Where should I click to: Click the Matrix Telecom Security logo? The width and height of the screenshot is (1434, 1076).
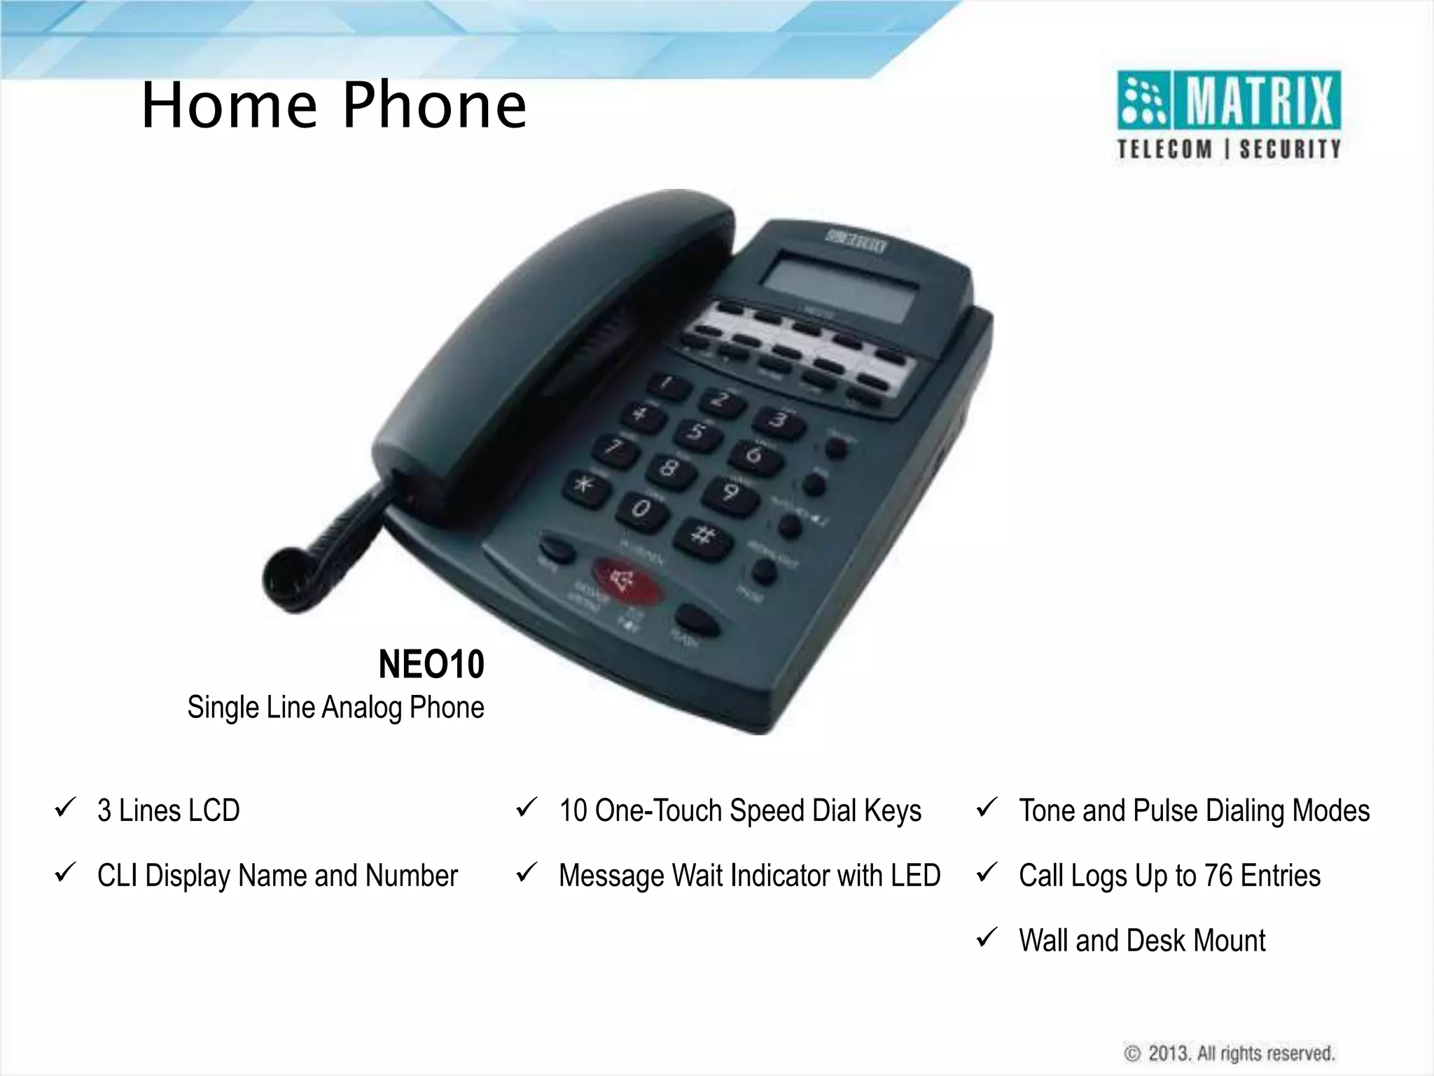click(x=1228, y=116)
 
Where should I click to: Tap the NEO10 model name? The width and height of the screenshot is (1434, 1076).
click(x=431, y=664)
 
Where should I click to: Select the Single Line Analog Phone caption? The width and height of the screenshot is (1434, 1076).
click(x=335, y=708)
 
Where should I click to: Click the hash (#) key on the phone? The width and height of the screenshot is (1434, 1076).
click(x=703, y=537)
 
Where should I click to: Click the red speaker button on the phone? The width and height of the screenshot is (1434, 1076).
click(x=627, y=581)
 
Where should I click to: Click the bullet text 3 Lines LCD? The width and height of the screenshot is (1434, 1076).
click(x=169, y=811)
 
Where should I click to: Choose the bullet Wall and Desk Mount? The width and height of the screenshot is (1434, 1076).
click(x=1141, y=940)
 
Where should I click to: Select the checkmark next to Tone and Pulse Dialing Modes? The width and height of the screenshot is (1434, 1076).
click(x=986, y=808)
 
